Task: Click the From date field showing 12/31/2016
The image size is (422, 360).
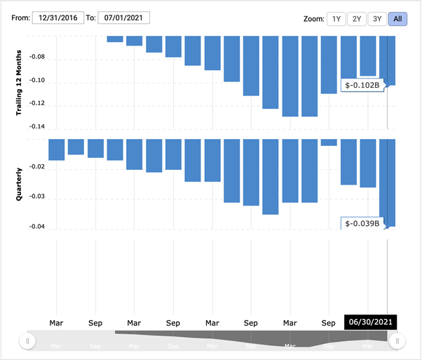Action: point(58,18)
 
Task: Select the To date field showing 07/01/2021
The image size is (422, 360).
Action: point(123,18)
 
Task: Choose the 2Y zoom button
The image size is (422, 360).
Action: point(357,19)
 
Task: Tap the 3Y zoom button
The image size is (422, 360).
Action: point(377,19)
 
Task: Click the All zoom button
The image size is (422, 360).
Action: point(397,19)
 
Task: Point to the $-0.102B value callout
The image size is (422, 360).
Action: point(363,86)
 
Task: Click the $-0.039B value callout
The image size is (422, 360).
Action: point(363,224)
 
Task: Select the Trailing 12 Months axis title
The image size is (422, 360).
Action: point(20,83)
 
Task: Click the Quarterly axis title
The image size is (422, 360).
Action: point(20,184)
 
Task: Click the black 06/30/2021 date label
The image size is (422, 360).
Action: point(369,323)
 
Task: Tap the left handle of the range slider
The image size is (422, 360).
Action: point(27,341)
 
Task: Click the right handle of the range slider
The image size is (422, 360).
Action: point(397,341)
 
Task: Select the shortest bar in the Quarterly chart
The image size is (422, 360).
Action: point(329,142)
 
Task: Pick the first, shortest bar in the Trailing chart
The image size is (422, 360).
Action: point(115,39)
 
